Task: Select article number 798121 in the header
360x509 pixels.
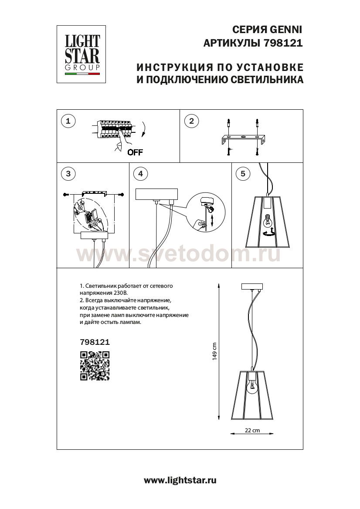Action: coord(283,44)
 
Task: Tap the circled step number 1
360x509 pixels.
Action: coord(68,121)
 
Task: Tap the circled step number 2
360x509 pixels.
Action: coord(191,121)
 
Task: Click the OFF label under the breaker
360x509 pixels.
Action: coord(135,152)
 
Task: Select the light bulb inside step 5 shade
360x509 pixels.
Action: coord(268,220)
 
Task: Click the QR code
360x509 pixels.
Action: coord(95,366)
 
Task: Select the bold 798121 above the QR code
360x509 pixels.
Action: coord(95,343)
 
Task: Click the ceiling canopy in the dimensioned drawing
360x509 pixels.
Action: coord(251,287)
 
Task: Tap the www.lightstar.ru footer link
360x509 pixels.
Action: coord(180,481)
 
